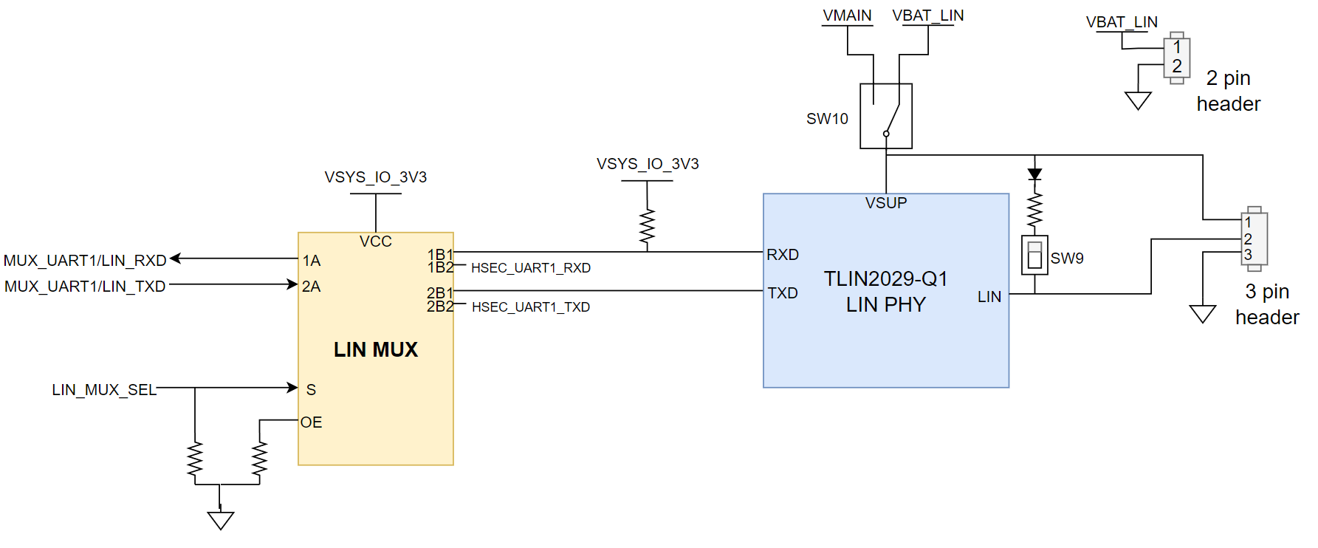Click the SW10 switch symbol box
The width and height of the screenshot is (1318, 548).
click(x=885, y=116)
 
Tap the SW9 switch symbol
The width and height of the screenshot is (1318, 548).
click(x=1034, y=255)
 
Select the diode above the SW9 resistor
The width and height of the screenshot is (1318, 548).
click(x=1034, y=174)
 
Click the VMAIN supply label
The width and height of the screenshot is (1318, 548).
click(x=847, y=16)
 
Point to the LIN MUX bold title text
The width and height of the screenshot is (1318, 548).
click(x=375, y=349)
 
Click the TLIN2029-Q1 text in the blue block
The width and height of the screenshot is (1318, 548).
click(x=885, y=278)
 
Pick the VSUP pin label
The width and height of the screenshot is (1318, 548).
click(x=885, y=203)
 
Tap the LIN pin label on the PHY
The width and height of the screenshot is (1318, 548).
click(x=989, y=297)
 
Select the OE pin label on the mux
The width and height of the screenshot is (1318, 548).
click(x=311, y=422)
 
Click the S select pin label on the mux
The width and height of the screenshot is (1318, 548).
click(x=311, y=389)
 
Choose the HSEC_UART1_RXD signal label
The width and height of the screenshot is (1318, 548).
click(x=530, y=268)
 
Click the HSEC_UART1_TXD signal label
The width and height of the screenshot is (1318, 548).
click(x=530, y=307)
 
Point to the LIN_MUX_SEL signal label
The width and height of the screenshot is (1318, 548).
click(x=104, y=389)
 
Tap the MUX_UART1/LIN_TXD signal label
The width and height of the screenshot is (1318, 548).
click(x=85, y=287)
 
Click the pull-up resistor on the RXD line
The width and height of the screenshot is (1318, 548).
click(x=647, y=227)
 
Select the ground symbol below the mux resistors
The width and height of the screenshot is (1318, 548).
click(x=220, y=520)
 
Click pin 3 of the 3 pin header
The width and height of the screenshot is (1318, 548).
click(x=1248, y=255)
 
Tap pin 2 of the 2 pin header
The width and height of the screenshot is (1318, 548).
click(x=1177, y=66)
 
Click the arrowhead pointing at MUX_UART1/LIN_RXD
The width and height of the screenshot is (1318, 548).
click(x=176, y=258)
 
